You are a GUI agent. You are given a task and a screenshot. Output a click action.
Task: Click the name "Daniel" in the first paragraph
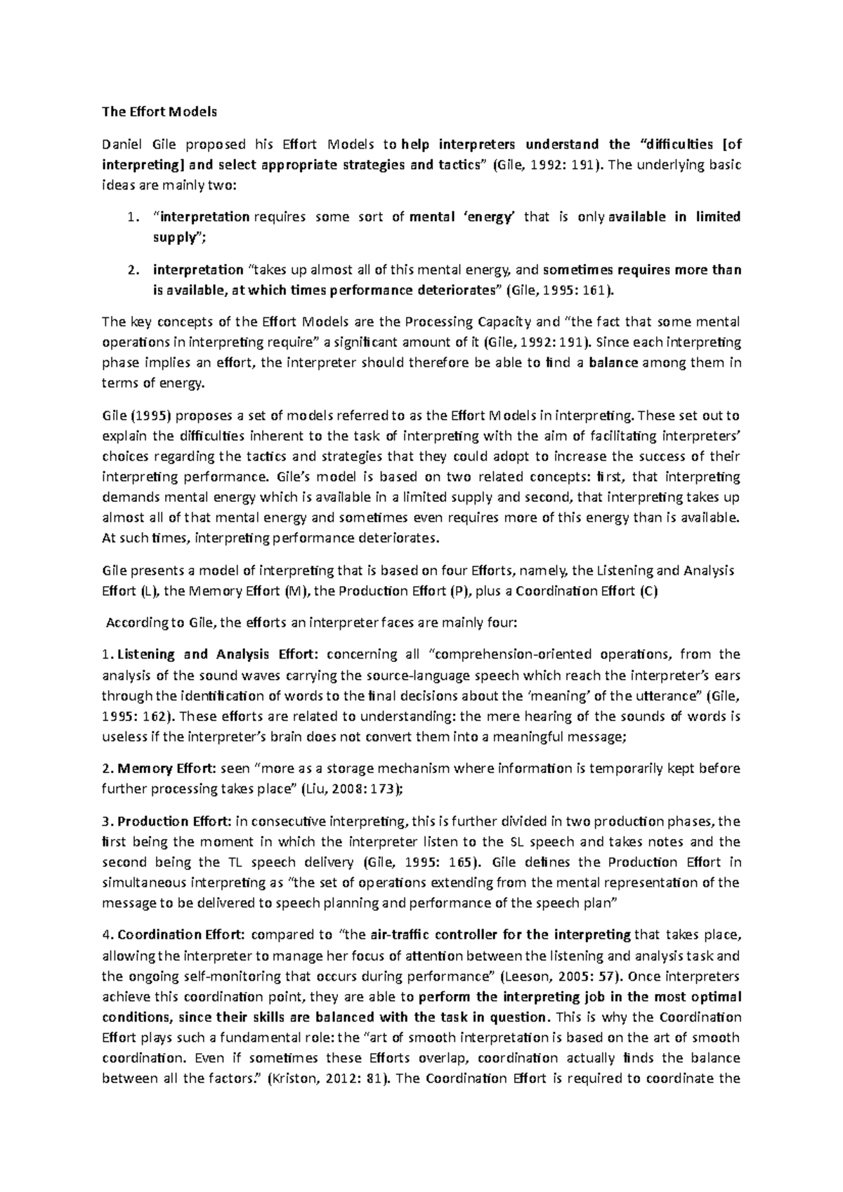[x=121, y=145]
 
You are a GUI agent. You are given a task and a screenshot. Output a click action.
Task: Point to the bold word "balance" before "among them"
[x=613, y=363]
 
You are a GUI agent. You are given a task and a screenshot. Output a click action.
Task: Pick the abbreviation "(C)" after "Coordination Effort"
[x=648, y=591]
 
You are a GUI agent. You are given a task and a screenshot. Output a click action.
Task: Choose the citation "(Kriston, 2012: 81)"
[x=322, y=1080]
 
